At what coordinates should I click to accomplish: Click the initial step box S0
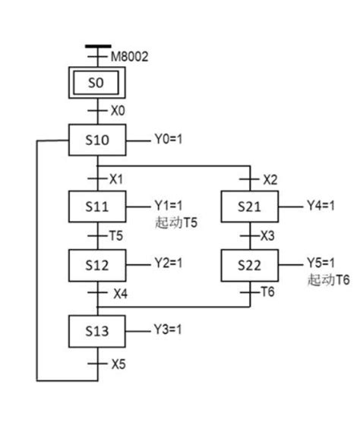click(98, 82)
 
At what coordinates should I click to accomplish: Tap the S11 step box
click(98, 206)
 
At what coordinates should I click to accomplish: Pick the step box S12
click(98, 266)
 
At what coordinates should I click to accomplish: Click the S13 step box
click(98, 332)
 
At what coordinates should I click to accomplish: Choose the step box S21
click(250, 206)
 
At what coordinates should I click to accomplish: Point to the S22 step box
click(250, 266)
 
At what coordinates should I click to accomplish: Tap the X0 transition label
click(117, 111)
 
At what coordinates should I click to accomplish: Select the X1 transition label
click(116, 179)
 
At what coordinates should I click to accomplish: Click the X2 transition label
click(270, 179)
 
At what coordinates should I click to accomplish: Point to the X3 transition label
click(268, 235)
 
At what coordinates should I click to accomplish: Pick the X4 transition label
click(120, 293)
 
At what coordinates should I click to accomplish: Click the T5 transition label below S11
click(115, 235)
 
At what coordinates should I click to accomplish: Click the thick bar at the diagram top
click(98, 46)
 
